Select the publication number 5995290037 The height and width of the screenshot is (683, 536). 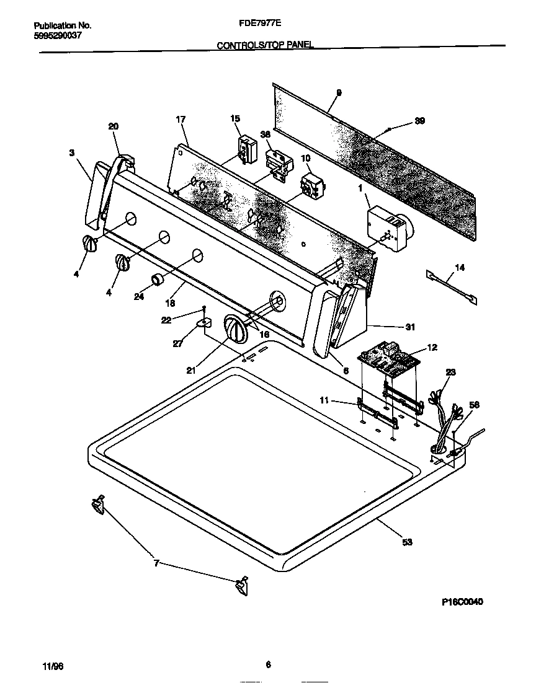click(57, 35)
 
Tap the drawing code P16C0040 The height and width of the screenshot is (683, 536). click(462, 602)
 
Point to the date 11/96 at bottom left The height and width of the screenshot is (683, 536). click(53, 666)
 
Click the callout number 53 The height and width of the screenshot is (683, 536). click(407, 542)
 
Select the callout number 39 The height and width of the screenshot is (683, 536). click(419, 121)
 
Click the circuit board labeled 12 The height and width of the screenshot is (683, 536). click(388, 361)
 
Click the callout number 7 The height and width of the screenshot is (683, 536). click(156, 563)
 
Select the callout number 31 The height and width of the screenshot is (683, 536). click(410, 327)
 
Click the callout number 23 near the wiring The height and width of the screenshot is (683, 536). click(451, 372)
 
